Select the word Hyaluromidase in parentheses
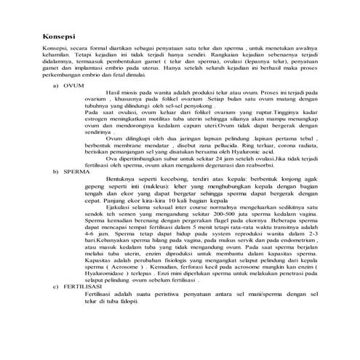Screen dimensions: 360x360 tap(106, 293)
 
